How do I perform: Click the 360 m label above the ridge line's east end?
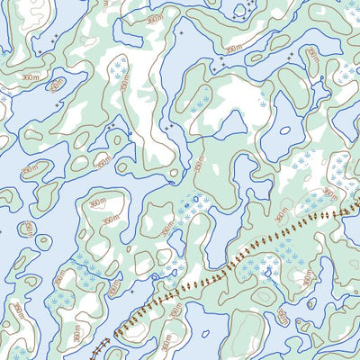click(x=330, y=194)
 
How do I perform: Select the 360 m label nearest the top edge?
click(x=154, y=18)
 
